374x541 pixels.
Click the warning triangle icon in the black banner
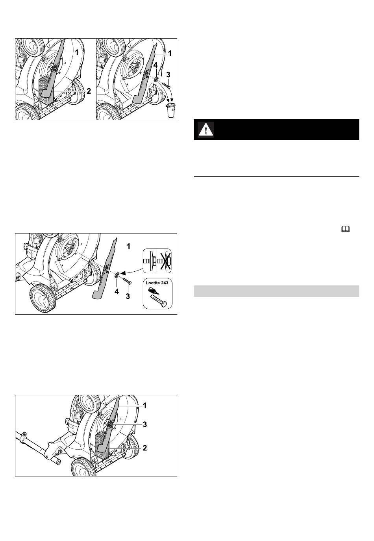pyautogui.click(x=206, y=130)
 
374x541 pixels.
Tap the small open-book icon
pyautogui.click(x=346, y=229)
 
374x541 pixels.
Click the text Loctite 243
pyautogui.click(x=157, y=283)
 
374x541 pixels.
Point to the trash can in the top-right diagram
pyautogui.click(x=171, y=110)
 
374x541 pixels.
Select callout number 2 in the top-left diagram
pyautogui.click(x=89, y=91)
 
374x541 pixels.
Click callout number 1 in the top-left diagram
pyautogui.click(x=76, y=52)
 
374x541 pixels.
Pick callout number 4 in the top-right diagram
pyautogui.click(x=155, y=65)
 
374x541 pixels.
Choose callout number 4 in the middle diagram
pyautogui.click(x=117, y=291)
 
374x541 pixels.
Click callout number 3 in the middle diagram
pyautogui.click(x=128, y=296)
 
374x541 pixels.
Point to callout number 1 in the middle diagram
pyautogui.click(x=128, y=246)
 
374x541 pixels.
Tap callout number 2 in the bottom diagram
pyautogui.click(x=144, y=448)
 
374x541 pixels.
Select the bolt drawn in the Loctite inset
pyautogui.click(x=158, y=300)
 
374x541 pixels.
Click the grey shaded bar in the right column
pyautogui.click(x=276, y=291)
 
